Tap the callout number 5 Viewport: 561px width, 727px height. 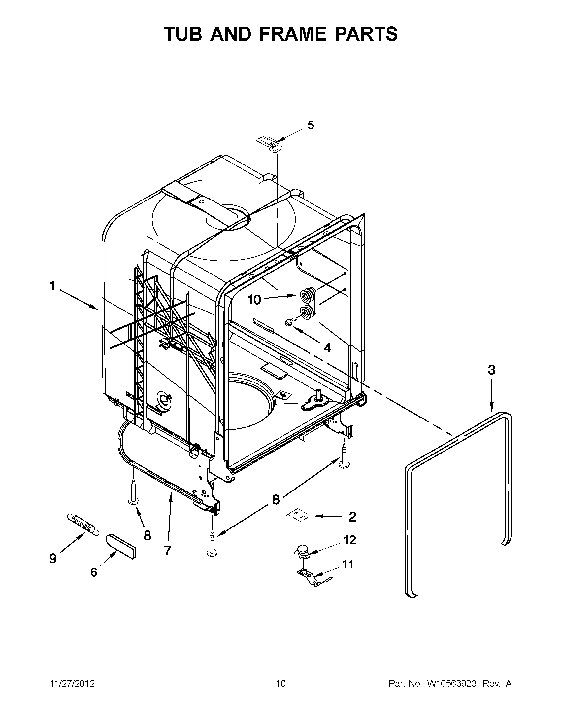[x=310, y=125]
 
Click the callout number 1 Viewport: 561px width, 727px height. [x=52, y=286]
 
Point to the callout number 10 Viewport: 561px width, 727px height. [x=254, y=300]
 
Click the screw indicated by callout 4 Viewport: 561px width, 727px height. [x=288, y=322]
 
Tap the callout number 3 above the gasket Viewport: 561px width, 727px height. [x=491, y=370]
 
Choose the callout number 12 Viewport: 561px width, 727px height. [x=349, y=539]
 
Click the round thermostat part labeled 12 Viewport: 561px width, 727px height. [x=302, y=552]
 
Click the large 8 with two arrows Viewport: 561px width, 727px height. [x=276, y=500]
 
